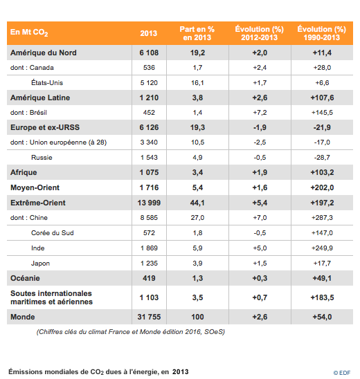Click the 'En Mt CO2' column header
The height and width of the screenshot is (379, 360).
point(29,33)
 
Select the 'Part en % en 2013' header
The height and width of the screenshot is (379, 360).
point(197,33)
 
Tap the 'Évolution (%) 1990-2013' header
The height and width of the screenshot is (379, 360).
point(322,33)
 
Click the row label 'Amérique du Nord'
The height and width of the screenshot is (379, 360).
point(44,53)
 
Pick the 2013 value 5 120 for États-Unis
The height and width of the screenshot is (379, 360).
point(149,83)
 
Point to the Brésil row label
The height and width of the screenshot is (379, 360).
point(38,113)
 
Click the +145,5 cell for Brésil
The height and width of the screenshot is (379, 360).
point(322,113)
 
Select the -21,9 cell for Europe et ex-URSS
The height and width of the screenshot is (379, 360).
point(322,127)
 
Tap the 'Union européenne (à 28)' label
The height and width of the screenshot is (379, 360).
point(69,142)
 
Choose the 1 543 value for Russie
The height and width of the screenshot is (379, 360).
point(149,158)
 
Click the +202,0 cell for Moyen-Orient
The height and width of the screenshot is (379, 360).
point(322,187)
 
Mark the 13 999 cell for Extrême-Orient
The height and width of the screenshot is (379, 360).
point(149,203)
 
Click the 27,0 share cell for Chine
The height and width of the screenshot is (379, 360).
point(197,218)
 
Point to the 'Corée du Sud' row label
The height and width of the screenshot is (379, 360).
point(53,233)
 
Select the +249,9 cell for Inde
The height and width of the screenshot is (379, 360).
point(322,248)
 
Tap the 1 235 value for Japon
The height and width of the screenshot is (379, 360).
point(149,263)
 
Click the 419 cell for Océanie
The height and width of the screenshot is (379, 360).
point(149,278)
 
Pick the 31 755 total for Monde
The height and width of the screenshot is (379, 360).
point(149,317)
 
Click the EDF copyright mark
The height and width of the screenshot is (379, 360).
point(342,373)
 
